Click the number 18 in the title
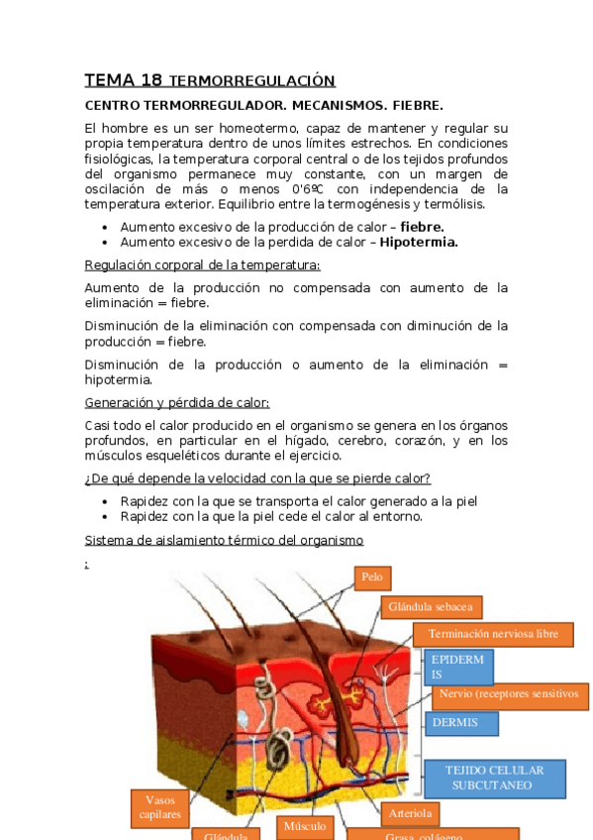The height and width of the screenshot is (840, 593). (x=150, y=80)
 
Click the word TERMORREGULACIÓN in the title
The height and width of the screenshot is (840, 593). (x=252, y=81)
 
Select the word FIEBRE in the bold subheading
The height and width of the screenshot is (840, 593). (x=418, y=105)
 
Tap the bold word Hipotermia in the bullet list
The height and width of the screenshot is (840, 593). (x=418, y=242)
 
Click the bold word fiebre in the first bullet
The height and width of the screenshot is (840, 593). (x=422, y=227)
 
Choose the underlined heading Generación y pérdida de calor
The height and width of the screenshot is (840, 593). (x=177, y=402)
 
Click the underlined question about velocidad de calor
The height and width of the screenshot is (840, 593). (x=257, y=479)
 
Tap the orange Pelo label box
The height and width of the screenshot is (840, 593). (x=372, y=577)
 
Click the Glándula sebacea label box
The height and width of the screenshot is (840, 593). (x=430, y=605)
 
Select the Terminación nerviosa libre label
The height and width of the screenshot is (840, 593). (x=493, y=633)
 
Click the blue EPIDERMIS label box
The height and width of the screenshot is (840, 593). (x=458, y=667)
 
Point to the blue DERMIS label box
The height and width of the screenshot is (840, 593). (x=461, y=723)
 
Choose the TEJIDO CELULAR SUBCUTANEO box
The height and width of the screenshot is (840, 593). (x=492, y=777)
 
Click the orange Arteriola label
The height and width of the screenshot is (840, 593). (x=410, y=813)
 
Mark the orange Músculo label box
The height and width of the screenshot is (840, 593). (x=305, y=825)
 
